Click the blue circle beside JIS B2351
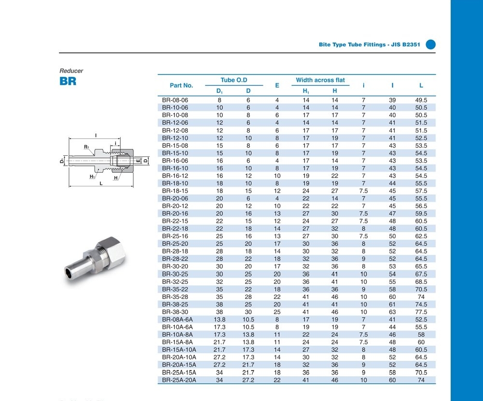pos(431,45)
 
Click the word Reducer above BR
pos(71,71)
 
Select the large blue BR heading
pos(68,81)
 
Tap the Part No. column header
pos(181,85)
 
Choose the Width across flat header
pos(320,80)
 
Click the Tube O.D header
pos(234,80)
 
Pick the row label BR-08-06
pos(175,100)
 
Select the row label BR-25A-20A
pos(179,380)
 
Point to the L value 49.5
pos(421,100)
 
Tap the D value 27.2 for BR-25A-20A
pos(248,380)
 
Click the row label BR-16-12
pos(175,176)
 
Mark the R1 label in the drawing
pos(86,147)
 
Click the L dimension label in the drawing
pos(100,184)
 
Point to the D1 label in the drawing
pos(62,161)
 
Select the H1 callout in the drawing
pos(92,177)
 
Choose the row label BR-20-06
pos(175,199)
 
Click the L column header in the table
pos(421,85)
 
